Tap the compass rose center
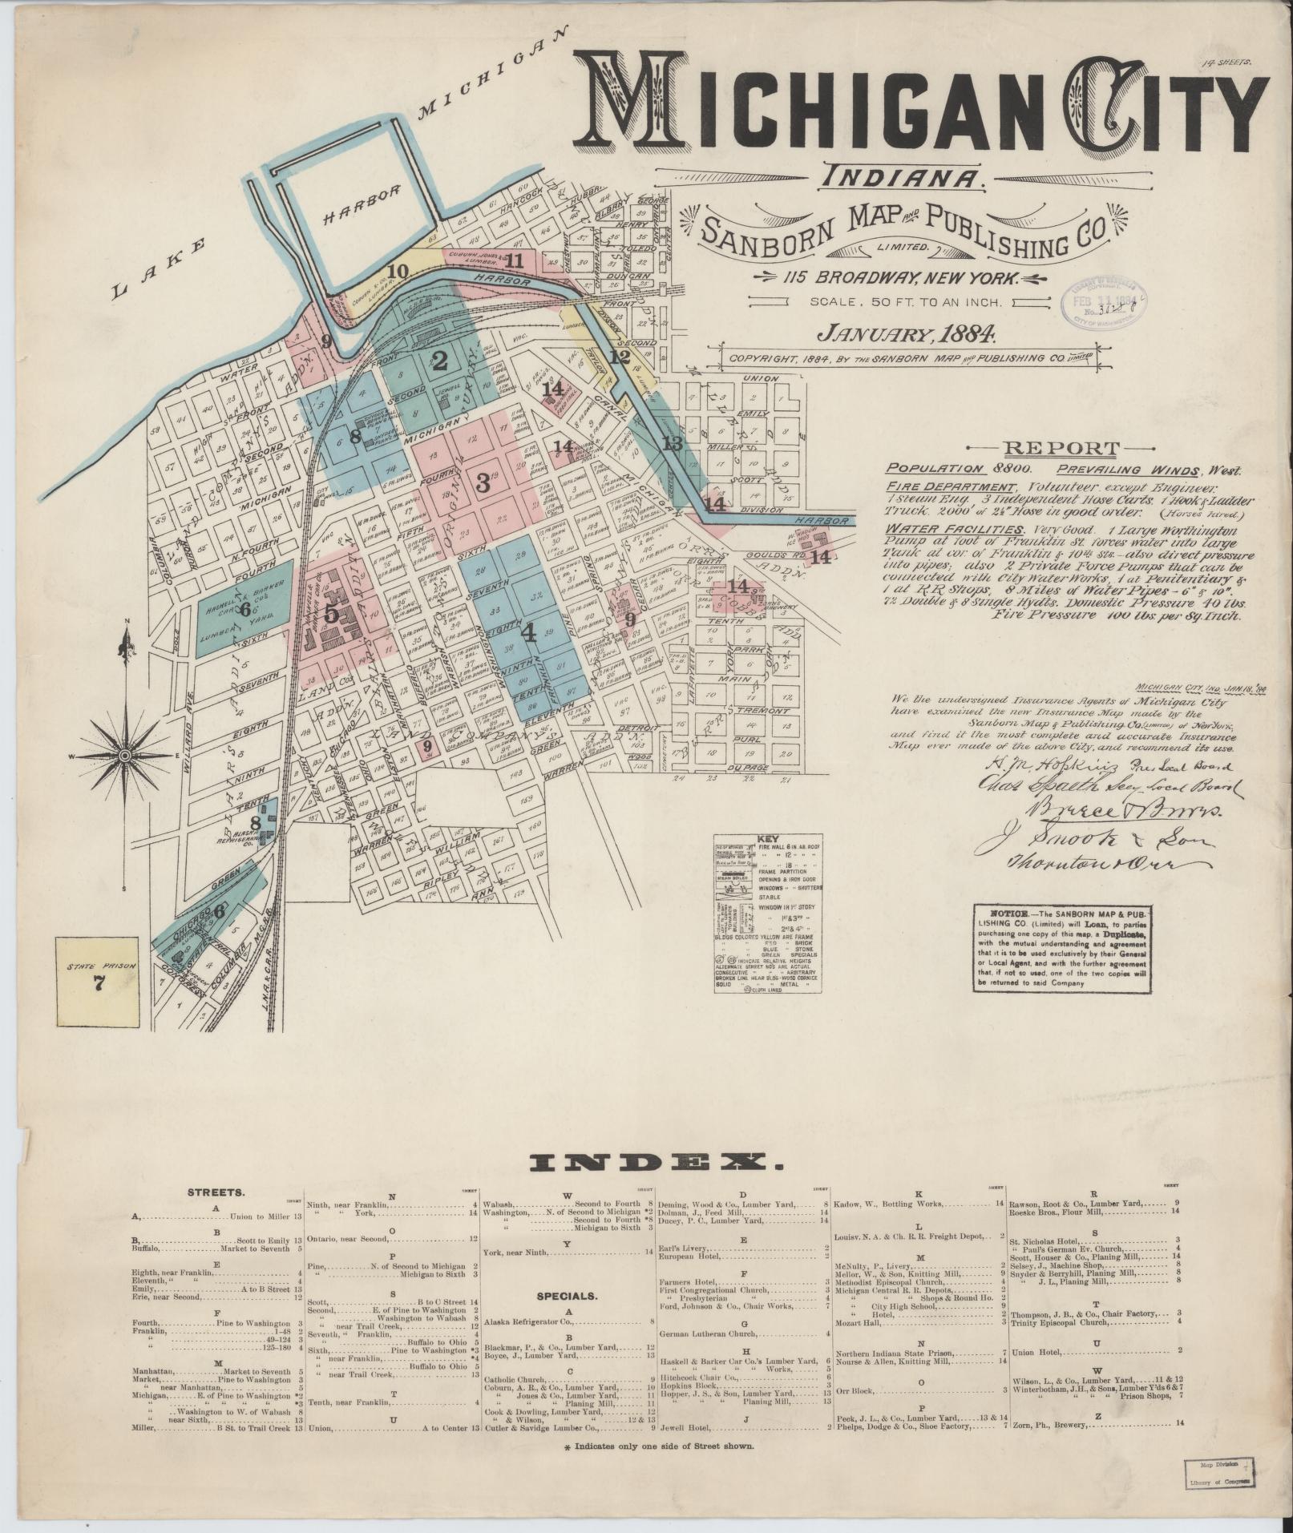tap(126, 756)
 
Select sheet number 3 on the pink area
tap(483, 482)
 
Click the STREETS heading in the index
tap(216, 1192)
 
